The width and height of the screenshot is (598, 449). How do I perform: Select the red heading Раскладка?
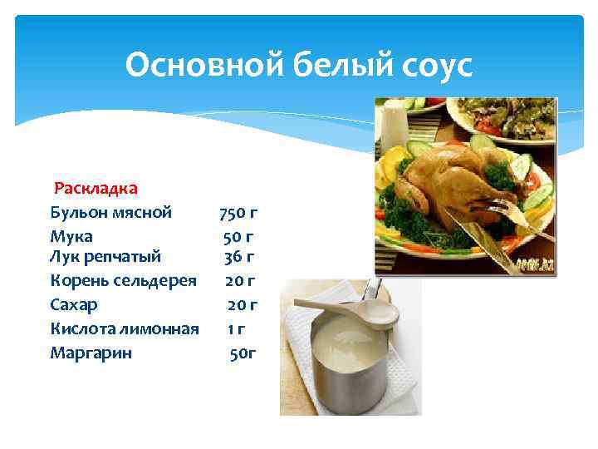(96, 189)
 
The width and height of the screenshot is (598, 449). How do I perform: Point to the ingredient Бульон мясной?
(111, 212)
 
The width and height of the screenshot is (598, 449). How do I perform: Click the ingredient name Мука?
(71, 236)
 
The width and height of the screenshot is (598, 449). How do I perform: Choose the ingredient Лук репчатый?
(105, 255)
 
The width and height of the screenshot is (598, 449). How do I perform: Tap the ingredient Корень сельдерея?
(123, 280)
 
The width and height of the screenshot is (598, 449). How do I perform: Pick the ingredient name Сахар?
(74, 304)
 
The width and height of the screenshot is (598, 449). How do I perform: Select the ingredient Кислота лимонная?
(125, 328)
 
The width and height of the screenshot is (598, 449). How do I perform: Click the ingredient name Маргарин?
(91, 353)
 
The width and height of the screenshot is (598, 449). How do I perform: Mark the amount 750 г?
(238, 213)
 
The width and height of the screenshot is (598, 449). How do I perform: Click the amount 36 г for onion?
(239, 255)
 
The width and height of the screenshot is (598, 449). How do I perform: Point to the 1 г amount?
(237, 329)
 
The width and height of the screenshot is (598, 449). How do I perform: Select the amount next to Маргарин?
(243, 353)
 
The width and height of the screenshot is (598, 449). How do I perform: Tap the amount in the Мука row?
(238, 237)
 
